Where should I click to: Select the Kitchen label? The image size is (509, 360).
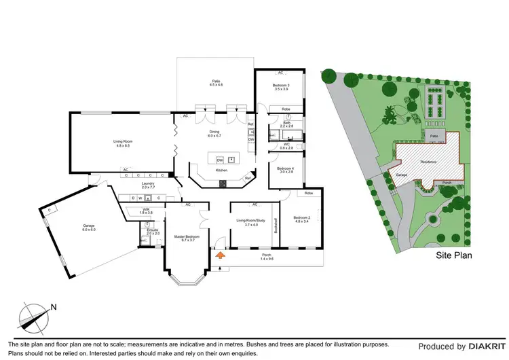[x=221, y=170]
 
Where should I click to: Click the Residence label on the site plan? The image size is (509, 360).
[x=428, y=162]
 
